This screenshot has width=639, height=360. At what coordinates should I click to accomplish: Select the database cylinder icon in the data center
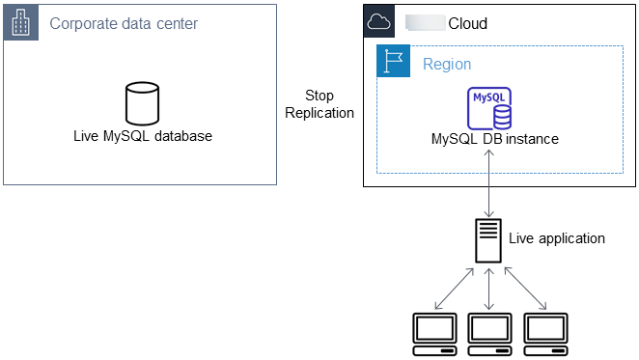(x=142, y=103)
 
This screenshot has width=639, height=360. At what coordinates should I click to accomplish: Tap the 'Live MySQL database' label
(x=142, y=136)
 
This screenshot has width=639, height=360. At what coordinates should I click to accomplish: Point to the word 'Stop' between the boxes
(x=319, y=96)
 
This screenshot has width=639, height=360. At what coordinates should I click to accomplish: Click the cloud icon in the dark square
(x=379, y=22)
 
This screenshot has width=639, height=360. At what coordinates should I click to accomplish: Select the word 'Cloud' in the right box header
(x=467, y=23)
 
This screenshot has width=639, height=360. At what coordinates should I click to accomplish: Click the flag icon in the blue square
(x=393, y=63)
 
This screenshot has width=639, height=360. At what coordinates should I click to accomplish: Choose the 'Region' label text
(x=447, y=64)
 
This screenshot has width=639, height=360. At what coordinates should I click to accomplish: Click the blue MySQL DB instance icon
(x=489, y=108)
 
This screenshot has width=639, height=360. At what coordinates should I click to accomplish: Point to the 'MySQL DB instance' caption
(x=494, y=139)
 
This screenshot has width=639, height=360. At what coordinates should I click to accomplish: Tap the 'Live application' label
(x=556, y=237)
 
